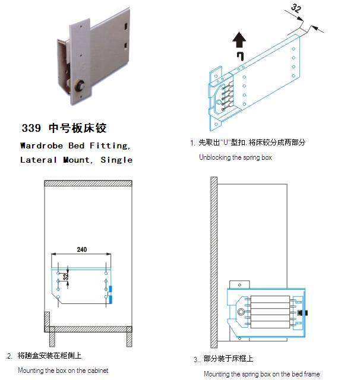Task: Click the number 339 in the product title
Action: [31, 128]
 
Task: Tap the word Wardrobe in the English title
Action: [42, 145]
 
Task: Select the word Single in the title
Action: [116, 160]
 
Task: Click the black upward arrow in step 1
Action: [239, 40]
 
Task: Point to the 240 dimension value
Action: [82, 249]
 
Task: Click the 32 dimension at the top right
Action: [296, 8]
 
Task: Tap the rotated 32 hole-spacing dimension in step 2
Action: [66, 277]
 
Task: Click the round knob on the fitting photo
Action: [79, 85]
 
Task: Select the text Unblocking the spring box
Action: [235, 157]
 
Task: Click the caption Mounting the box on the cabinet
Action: [63, 370]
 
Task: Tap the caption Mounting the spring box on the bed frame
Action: [262, 374]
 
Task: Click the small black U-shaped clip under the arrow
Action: [240, 56]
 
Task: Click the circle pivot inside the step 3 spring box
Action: [241, 312]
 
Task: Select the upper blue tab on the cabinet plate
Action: [110, 289]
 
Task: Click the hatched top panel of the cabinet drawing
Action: [89, 183]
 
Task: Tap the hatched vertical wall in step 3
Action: [214, 262]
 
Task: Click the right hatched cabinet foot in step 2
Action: [130, 339]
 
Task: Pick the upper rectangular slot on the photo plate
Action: [126, 26]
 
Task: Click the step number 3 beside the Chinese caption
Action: [195, 359]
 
